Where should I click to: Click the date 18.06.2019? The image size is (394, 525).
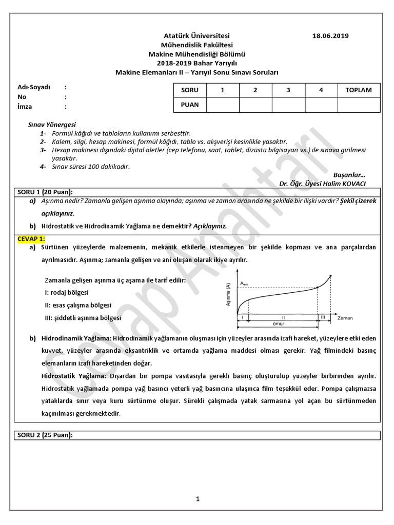(330, 36)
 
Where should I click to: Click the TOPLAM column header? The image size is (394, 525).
(359, 90)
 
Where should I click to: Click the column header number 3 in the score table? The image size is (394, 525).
(288, 90)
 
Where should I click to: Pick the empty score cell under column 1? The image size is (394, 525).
(222, 105)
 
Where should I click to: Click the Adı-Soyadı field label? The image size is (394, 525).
(34, 87)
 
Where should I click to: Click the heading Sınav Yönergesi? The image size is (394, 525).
(52, 125)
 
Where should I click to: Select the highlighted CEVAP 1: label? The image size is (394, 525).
(31, 238)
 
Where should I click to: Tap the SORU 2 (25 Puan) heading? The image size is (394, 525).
(46, 435)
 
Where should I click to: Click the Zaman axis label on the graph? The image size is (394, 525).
(345, 318)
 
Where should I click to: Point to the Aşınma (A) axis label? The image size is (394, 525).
(228, 295)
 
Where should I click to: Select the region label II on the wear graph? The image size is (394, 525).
(283, 317)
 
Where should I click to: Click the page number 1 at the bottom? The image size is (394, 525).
(197, 499)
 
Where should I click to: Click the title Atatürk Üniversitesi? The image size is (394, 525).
(197, 36)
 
